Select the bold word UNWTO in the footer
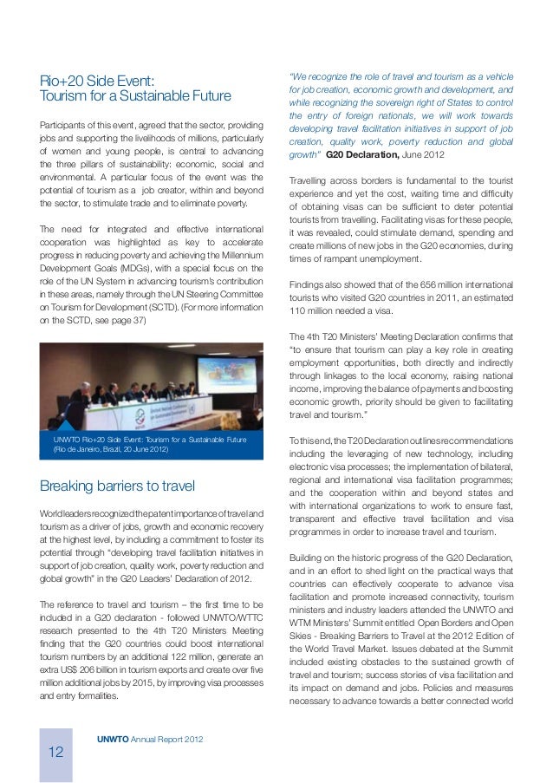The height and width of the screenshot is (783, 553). [x=114, y=738]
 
